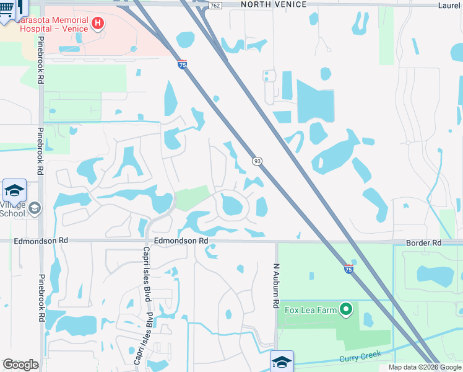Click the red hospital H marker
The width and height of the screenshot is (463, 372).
(97, 24)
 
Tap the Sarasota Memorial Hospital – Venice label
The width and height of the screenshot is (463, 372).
(53, 24)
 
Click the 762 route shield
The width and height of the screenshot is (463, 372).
(215, 5)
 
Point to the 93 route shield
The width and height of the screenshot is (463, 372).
(257, 161)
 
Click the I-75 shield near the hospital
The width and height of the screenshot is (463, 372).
(182, 64)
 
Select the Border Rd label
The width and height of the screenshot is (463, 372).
(424, 242)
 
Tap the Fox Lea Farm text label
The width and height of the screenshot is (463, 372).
(309, 308)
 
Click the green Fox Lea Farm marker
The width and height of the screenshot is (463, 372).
(346, 308)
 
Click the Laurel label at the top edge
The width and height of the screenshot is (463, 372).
(450, 4)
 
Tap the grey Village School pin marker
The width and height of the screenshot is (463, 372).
(35, 208)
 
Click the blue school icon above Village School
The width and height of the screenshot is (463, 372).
(14, 189)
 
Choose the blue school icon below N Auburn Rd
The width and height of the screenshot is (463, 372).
(282, 361)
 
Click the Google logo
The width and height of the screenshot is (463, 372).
(20, 365)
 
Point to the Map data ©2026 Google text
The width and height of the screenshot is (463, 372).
(424, 367)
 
